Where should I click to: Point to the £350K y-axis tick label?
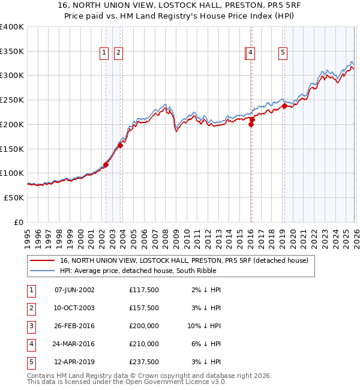pyautogui.click(x=11, y=51)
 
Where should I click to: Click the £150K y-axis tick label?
pyautogui.click(x=11, y=148)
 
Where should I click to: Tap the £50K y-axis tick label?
pyautogui.click(x=13, y=197)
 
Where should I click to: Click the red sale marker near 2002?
pyautogui.click(x=106, y=164)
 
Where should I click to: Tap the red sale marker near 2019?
pyautogui.click(x=284, y=107)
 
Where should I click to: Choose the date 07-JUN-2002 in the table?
pyautogui.click(x=74, y=290)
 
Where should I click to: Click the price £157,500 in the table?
pyautogui.click(x=144, y=308)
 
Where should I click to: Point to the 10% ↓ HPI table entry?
pyautogui.click(x=204, y=326)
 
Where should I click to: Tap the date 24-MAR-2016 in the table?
pyautogui.click(x=74, y=344)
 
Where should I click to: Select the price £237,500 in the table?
pyautogui.click(x=144, y=362)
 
